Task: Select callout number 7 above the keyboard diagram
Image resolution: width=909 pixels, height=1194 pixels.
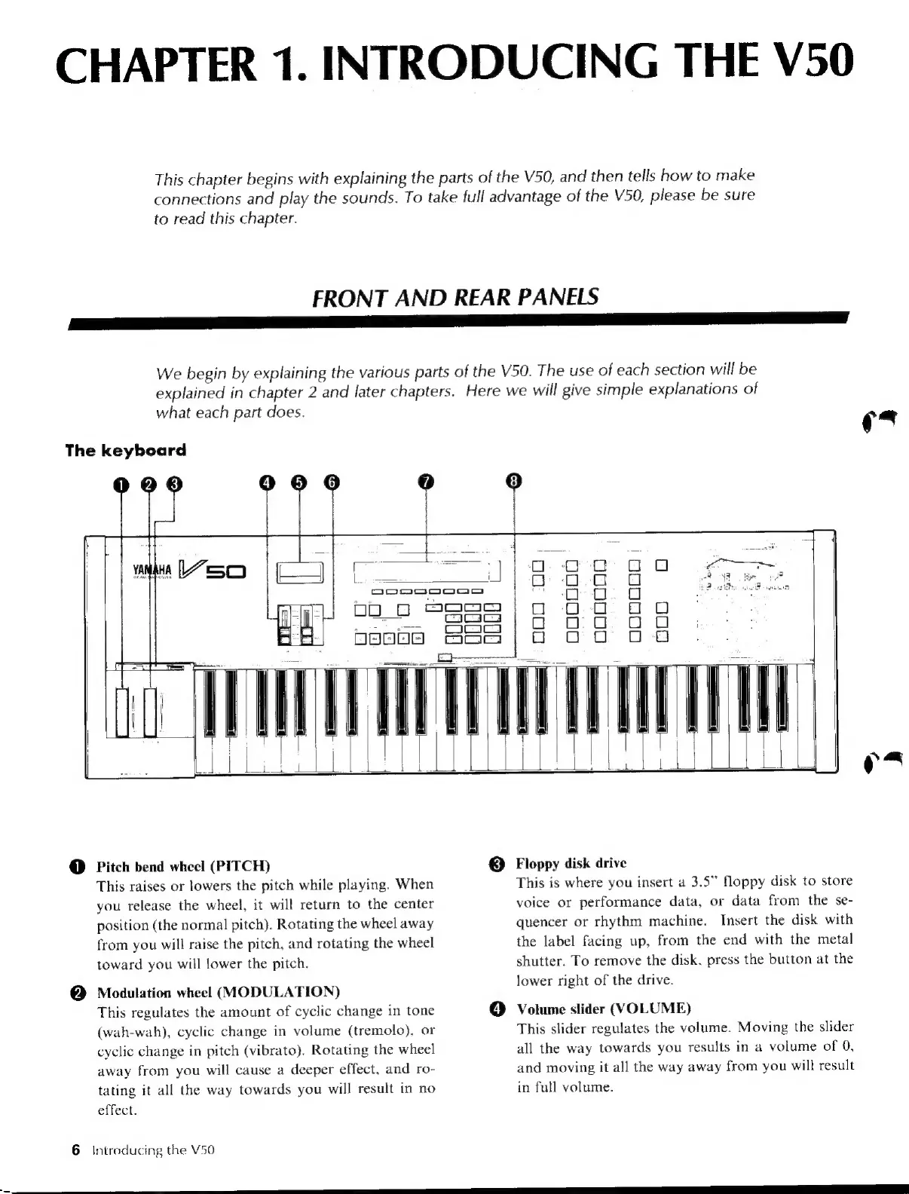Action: pos(427,482)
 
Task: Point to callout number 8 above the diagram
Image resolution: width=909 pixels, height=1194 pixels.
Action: pos(514,482)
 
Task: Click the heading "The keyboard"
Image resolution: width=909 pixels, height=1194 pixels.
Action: pos(125,451)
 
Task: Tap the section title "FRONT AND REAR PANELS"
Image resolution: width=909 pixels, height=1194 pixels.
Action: pos(454,295)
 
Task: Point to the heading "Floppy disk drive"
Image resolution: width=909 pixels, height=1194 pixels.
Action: pos(571,863)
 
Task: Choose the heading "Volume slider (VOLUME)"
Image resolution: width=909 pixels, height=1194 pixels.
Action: pos(603,1009)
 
